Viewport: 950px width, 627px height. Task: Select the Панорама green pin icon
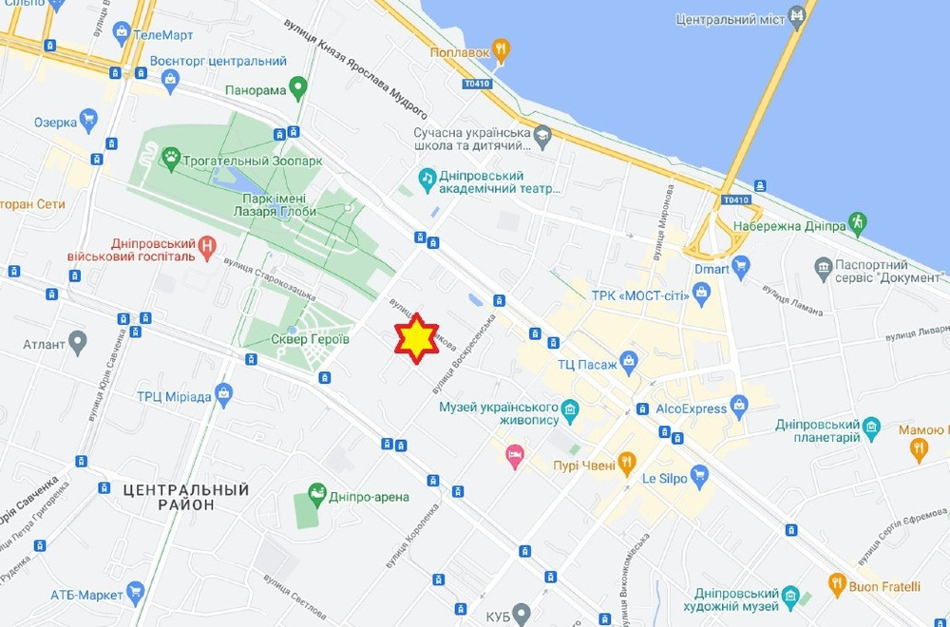[298, 89]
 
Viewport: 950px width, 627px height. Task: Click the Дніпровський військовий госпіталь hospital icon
[208, 249]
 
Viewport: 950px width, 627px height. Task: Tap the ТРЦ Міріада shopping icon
[223, 393]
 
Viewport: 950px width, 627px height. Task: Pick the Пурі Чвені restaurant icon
[626, 464]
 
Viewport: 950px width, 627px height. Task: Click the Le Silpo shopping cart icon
[699, 474]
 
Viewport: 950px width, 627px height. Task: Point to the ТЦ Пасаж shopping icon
[628, 362]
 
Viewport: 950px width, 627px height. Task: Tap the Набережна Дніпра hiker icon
[858, 224]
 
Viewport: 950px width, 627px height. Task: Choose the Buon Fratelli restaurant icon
[837, 582]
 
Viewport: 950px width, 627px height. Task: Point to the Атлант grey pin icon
[78, 342]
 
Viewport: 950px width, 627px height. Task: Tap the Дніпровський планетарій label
[817, 430]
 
